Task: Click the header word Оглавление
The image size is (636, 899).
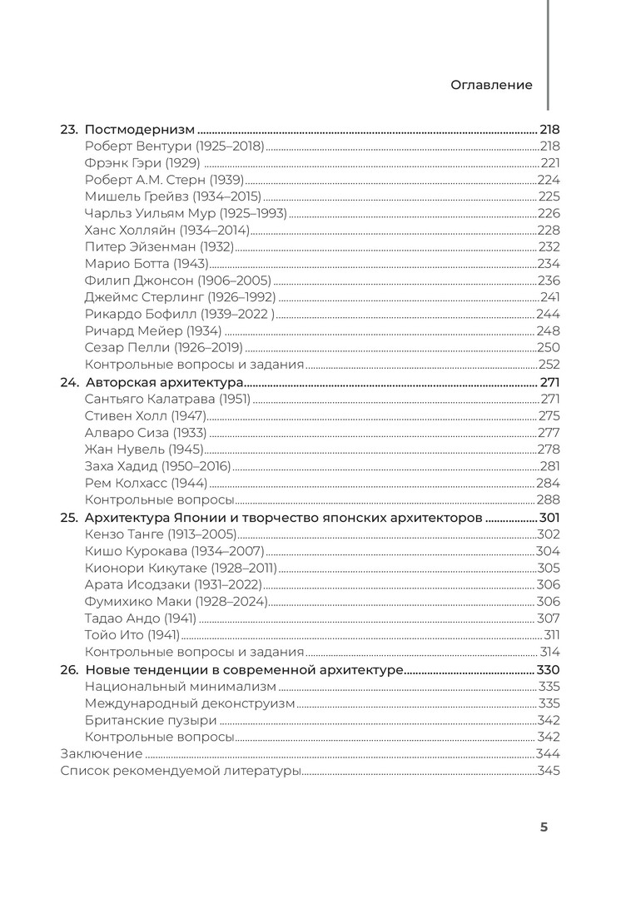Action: tap(491, 85)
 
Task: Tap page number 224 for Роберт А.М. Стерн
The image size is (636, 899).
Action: tap(549, 180)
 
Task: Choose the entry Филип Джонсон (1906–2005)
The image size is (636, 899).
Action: tap(177, 280)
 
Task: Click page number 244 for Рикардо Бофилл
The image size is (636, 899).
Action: tap(548, 314)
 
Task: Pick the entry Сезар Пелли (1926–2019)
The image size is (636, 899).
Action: tap(163, 347)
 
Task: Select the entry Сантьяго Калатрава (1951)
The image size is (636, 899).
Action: tap(167, 399)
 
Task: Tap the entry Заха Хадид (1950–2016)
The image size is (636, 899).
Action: tap(157, 466)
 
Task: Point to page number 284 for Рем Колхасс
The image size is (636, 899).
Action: tap(548, 483)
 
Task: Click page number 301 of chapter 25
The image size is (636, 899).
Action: tap(549, 518)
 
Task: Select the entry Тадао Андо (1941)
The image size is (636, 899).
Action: tap(140, 618)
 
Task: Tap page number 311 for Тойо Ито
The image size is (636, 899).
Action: tap(551, 635)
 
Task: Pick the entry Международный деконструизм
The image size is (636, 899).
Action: tap(190, 703)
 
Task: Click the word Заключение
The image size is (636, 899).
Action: tap(101, 753)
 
